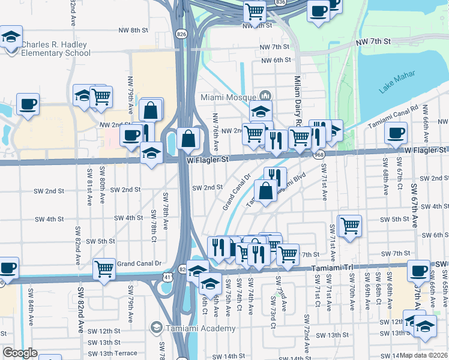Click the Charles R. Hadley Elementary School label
pyautogui.click(x=55, y=49)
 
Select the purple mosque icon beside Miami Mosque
pyautogui.click(x=265, y=96)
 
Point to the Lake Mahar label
pyautogui.click(x=397, y=84)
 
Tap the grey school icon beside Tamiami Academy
pyautogui.click(x=157, y=328)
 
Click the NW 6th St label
pyautogui.click(x=276, y=60)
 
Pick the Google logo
pyautogui.click(x=19, y=353)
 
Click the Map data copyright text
pyautogui.click(x=424, y=355)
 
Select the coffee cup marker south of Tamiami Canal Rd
pyautogui.click(x=395, y=133)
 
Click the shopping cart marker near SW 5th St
pyautogui.click(x=350, y=226)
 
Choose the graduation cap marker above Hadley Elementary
pyautogui.click(x=10, y=37)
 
